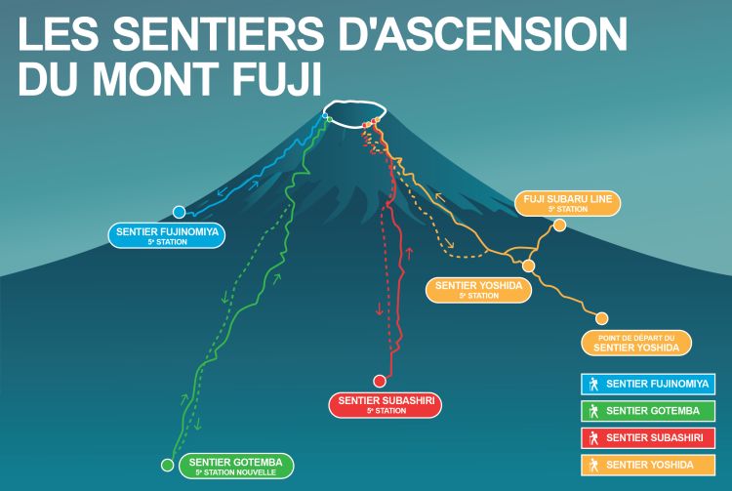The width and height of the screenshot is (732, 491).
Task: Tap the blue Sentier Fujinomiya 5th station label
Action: point(167,235)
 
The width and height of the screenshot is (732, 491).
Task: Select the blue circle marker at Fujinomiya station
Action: point(179,212)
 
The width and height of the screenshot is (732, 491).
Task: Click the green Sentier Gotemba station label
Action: point(236,466)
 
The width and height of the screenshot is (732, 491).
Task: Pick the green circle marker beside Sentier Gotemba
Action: point(167,465)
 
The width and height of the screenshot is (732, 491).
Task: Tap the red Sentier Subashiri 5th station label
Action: point(386,405)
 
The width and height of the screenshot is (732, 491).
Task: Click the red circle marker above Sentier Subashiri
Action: point(380,382)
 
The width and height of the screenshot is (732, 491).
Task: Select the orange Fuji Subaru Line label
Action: point(568,203)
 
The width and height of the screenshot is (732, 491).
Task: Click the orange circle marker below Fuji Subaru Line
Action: point(560,225)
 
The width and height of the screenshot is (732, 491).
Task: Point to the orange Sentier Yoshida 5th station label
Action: point(478,289)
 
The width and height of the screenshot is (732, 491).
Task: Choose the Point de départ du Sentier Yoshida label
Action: point(636,343)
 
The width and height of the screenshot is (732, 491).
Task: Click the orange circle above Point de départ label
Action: point(602,319)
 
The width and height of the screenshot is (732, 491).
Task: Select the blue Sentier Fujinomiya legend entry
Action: point(648,385)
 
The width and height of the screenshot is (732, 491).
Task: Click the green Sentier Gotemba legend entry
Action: point(648,411)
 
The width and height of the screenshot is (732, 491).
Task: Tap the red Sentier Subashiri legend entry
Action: point(648,437)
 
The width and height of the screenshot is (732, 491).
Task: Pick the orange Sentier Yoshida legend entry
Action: point(648,465)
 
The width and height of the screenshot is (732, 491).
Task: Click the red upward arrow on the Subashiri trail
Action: point(409,254)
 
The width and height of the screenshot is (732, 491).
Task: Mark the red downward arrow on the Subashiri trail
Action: point(379,308)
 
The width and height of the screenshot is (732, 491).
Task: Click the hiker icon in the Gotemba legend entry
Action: point(593,411)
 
